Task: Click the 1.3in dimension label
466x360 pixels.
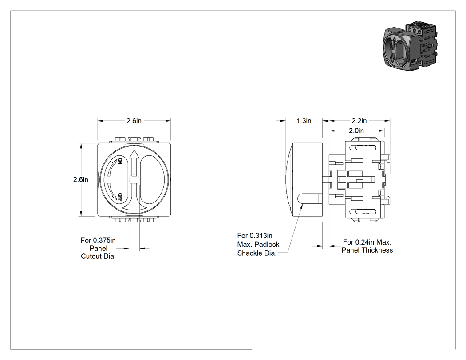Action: click(x=304, y=121)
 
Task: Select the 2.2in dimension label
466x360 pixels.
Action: click(x=359, y=121)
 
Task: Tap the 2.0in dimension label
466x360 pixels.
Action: click(x=356, y=131)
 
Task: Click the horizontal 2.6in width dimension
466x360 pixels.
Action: click(x=134, y=121)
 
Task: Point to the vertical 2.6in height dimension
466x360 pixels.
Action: click(x=80, y=179)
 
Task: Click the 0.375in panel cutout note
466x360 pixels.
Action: click(x=99, y=248)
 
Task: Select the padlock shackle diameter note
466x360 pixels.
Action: click(x=258, y=244)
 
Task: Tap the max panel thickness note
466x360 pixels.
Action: click(x=367, y=246)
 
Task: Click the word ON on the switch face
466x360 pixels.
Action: click(x=120, y=162)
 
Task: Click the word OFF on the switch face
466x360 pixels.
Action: click(x=120, y=197)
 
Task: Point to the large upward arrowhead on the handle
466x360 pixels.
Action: click(x=134, y=154)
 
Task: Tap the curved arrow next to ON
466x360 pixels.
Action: click(x=111, y=168)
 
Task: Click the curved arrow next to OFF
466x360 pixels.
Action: click(x=112, y=192)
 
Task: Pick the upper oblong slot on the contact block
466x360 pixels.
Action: click(x=363, y=147)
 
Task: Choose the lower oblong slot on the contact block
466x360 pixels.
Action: click(x=363, y=212)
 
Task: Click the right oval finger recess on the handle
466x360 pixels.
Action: click(x=152, y=179)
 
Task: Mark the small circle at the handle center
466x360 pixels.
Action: click(x=134, y=179)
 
